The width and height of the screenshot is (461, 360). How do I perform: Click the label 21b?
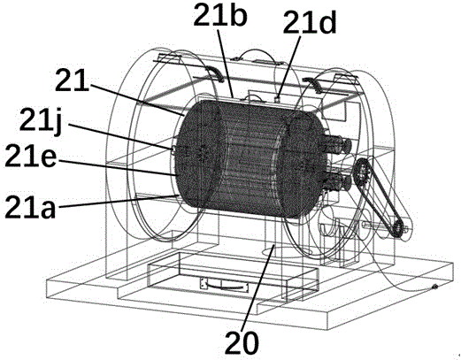[x=220, y=14]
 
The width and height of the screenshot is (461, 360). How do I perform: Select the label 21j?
[x=41, y=120]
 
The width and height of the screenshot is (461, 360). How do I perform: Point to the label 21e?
[x=30, y=156]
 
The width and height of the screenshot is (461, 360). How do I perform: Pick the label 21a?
[x=30, y=207]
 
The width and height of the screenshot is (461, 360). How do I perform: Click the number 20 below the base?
[x=242, y=343]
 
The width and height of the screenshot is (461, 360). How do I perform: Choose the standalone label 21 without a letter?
[x=72, y=80]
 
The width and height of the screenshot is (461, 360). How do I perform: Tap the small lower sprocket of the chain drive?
[x=397, y=228]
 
